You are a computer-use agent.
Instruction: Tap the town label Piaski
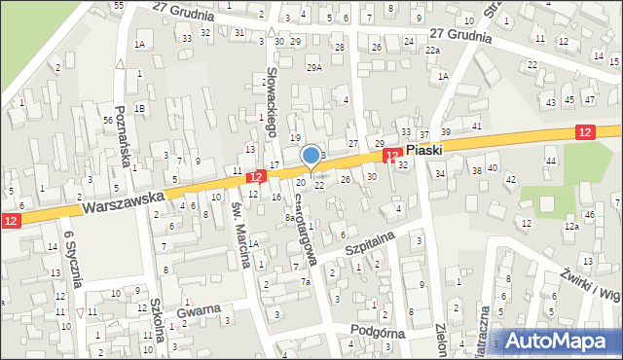(424, 151)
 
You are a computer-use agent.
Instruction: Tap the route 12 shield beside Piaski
(392, 156)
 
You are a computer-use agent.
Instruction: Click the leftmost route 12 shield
(10, 222)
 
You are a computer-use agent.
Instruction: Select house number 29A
(314, 67)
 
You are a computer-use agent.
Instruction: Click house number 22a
(432, 51)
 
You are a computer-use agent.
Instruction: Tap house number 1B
(140, 107)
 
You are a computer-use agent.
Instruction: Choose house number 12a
(571, 226)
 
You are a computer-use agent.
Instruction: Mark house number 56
(107, 120)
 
